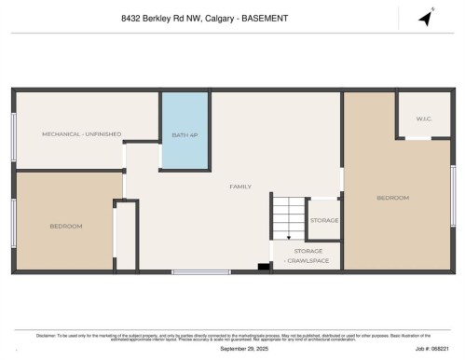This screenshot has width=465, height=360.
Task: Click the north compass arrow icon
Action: click(426, 19)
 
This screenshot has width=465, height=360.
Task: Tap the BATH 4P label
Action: click(185, 135)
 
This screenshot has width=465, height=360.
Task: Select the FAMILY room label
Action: click(240, 187)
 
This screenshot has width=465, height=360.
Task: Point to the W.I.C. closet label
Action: click(424, 118)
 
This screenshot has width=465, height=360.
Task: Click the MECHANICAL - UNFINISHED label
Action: click(81, 134)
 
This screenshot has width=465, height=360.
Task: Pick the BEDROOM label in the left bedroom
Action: click(66, 226)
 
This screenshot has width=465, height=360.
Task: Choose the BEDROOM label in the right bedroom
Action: click(392, 198)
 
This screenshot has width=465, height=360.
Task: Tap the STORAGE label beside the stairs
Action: click(324, 220)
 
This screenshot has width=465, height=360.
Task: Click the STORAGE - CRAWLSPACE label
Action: click(308, 255)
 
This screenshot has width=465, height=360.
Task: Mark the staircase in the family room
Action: click(288, 218)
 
